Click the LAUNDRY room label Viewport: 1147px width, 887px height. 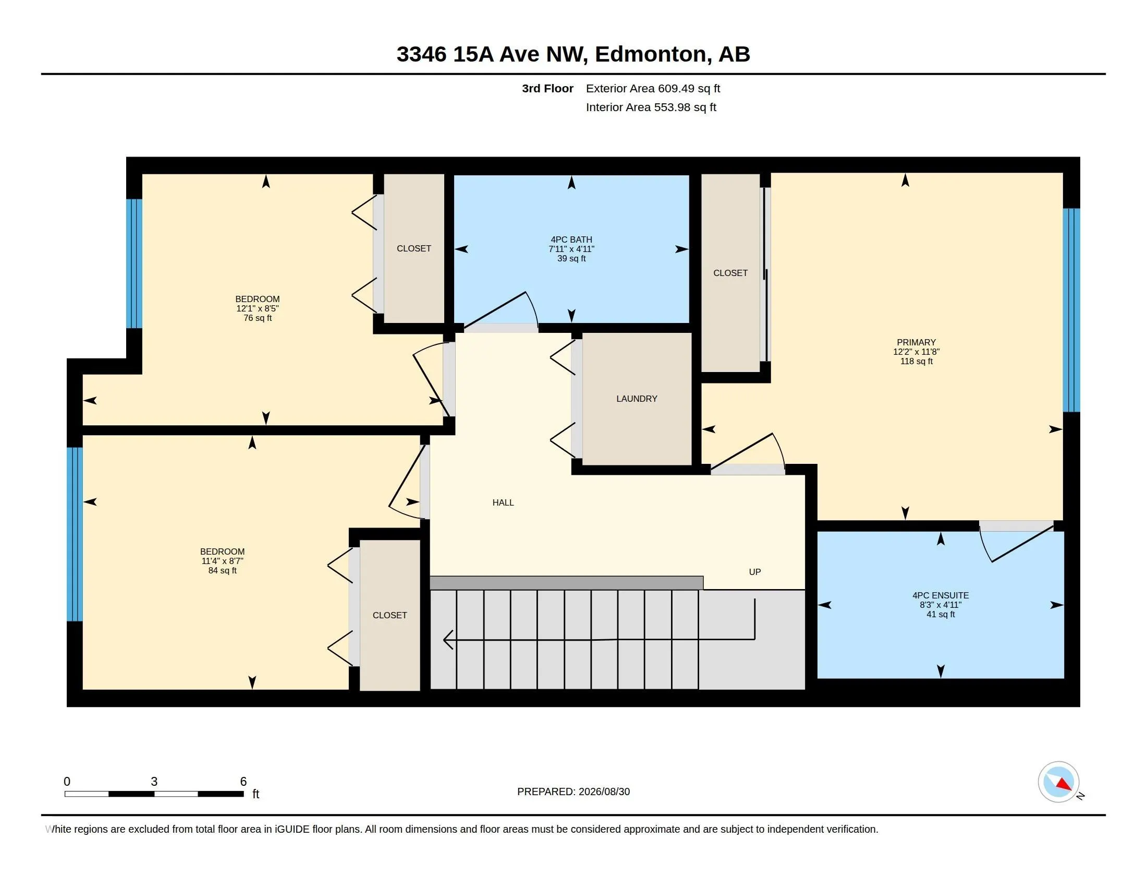pos(637,399)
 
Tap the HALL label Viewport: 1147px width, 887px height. pos(503,503)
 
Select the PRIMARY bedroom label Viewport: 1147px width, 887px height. pos(917,343)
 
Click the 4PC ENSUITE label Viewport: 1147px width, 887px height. pos(941,595)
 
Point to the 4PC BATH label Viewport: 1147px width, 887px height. pos(571,239)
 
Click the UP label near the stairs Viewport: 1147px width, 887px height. pos(755,572)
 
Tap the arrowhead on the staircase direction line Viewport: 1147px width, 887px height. pos(448,640)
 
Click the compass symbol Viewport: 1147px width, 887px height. pos(1058,782)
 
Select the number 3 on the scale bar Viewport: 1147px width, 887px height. pos(154,782)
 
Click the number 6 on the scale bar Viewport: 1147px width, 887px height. pos(243,782)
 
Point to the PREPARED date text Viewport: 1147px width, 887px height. pos(573,792)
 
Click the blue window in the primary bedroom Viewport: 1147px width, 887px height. pos(1071,310)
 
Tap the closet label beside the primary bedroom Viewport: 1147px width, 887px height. pos(730,273)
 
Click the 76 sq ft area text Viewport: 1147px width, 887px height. pos(258,318)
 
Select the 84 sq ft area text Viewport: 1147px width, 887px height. pos(222,571)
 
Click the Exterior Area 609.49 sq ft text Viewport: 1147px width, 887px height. pos(653,88)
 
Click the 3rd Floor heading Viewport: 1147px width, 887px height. pos(547,88)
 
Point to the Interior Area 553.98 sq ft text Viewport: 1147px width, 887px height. pos(651,107)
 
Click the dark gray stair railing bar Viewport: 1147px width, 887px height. pos(566,583)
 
